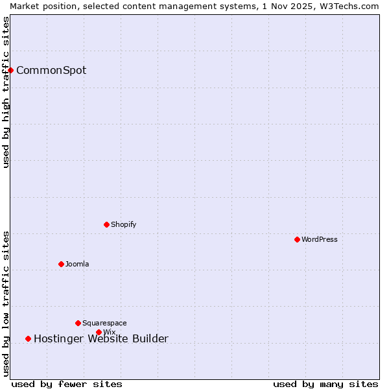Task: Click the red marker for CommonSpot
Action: click(x=11, y=70)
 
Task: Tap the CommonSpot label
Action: click(x=51, y=71)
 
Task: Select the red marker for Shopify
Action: click(x=106, y=224)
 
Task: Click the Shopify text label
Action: click(x=124, y=225)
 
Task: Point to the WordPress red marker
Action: click(x=297, y=239)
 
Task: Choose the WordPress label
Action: click(x=320, y=240)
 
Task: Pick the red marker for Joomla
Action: click(x=61, y=264)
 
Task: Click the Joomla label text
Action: click(x=77, y=265)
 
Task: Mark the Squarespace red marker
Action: click(x=78, y=323)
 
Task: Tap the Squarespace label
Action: click(x=104, y=324)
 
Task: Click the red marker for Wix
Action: click(x=99, y=332)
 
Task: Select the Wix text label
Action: click(x=110, y=333)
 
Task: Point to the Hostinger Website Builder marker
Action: click(x=28, y=338)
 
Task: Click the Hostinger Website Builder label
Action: click(x=101, y=338)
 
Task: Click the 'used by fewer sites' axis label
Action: click(x=67, y=384)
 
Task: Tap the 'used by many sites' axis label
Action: click(x=325, y=384)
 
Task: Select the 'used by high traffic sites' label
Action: click(x=6, y=91)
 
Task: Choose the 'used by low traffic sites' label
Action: click(x=6, y=303)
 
